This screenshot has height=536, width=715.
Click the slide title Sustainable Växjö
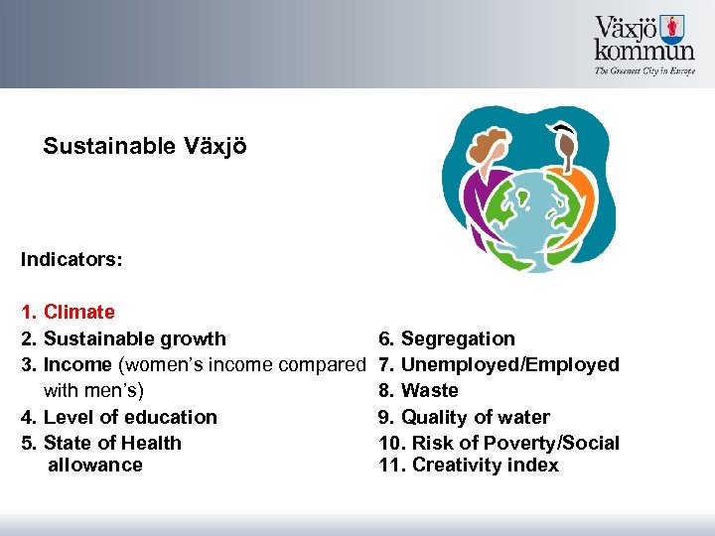[x=145, y=147]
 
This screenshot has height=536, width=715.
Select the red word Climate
[x=79, y=313]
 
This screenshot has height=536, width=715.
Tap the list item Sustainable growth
[x=135, y=338]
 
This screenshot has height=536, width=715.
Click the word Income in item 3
[x=76, y=364]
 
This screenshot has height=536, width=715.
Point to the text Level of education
[x=130, y=417]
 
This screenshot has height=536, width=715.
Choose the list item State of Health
[x=112, y=443]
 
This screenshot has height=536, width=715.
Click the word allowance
[x=95, y=465]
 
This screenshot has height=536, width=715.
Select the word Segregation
[x=458, y=338]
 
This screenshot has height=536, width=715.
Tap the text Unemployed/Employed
[x=509, y=364]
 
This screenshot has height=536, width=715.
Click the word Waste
[x=430, y=390]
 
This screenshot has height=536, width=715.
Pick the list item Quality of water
[x=475, y=417]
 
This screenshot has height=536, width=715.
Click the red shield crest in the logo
[x=675, y=27]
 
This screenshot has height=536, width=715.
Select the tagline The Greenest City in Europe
[x=644, y=71]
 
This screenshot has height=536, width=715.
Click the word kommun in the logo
[x=644, y=51]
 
